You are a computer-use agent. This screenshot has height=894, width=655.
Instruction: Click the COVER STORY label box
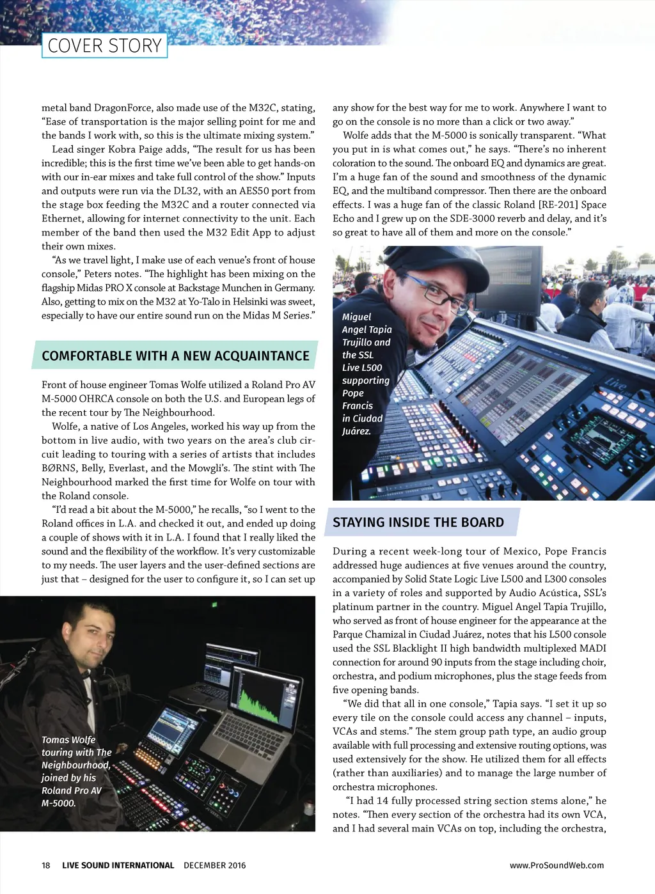(x=104, y=46)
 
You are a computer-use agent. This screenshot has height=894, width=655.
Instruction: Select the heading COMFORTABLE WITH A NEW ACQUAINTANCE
(x=175, y=356)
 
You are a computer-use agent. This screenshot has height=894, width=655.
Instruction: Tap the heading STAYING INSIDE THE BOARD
(x=418, y=522)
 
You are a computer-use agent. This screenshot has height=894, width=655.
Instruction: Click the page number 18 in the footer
(x=46, y=865)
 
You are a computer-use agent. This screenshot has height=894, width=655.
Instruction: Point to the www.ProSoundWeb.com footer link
(x=556, y=865)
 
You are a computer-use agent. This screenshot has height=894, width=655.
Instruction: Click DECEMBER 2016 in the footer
(x=214, y=865)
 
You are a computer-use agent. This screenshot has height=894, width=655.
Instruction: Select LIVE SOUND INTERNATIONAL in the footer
(x=118, y=865)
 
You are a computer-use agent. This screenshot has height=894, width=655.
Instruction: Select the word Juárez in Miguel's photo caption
(x=356, y=431)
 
